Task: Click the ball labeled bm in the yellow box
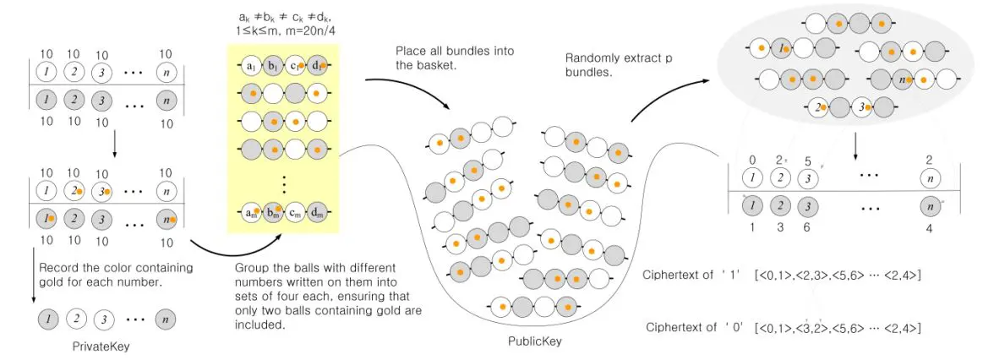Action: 273,211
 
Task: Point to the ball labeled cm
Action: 295,211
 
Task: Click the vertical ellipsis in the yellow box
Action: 283,183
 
